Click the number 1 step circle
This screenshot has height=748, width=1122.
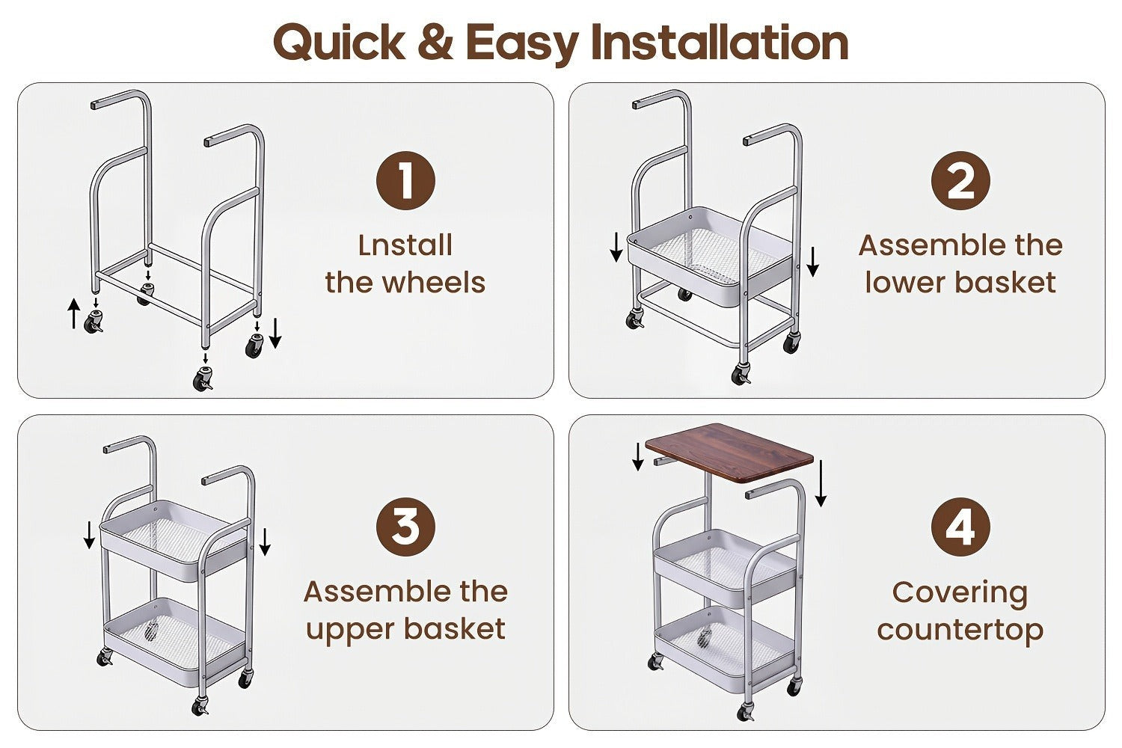tap(405, 180)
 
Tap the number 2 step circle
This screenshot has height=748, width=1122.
tap(960, 180)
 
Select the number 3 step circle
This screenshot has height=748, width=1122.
tap(405, 527)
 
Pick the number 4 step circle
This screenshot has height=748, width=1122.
tap(960, 527)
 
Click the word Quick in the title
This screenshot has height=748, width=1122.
tap(339, 42)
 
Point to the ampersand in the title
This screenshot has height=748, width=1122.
tap(435, 42)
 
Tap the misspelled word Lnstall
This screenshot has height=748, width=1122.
tap(405, 245)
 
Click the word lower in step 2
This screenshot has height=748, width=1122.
tap(907, 282)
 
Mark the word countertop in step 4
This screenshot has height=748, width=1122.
tap(960, 631)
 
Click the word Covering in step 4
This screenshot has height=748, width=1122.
tap(960, 594)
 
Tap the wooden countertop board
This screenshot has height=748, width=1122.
tap(729, 453)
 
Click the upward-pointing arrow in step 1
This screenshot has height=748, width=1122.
tap(74, 313)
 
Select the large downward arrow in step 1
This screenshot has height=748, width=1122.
tap(275, 333)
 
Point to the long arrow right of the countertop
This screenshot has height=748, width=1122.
tap(821, 483)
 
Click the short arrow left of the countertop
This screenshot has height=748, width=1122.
tap(637, 457)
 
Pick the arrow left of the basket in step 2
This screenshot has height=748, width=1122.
tap(616, 247)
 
